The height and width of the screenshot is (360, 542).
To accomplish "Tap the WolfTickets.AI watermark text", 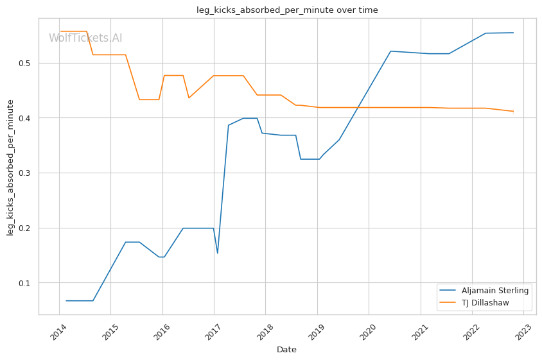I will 85,38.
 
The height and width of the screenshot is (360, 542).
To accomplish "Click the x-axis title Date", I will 286,350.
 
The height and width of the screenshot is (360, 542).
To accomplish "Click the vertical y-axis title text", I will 11,166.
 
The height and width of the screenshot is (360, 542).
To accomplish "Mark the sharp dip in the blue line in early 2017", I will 217,253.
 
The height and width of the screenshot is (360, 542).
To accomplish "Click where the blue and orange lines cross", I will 357,107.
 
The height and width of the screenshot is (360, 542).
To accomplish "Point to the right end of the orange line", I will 513,111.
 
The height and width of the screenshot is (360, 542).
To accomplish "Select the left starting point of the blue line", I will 66,300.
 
